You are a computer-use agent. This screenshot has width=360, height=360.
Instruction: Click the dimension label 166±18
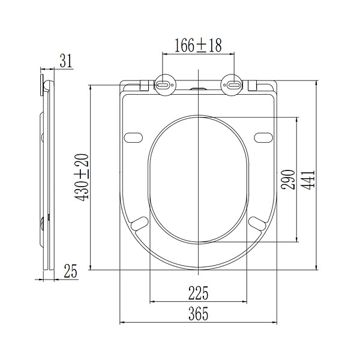(198, 46)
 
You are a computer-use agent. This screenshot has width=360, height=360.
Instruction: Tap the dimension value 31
(66, 61)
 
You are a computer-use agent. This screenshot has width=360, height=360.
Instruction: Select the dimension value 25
(70, 271)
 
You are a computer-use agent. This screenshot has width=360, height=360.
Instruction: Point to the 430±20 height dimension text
(82, 178)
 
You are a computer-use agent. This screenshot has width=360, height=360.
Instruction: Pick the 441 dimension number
(308, 180)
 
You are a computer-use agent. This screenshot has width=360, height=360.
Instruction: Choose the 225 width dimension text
(199, 293)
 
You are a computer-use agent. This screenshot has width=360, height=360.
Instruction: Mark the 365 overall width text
(199, 313)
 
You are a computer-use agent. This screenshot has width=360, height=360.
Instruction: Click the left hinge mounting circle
(165, 85)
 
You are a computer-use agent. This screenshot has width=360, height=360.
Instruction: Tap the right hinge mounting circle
(232, 85)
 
